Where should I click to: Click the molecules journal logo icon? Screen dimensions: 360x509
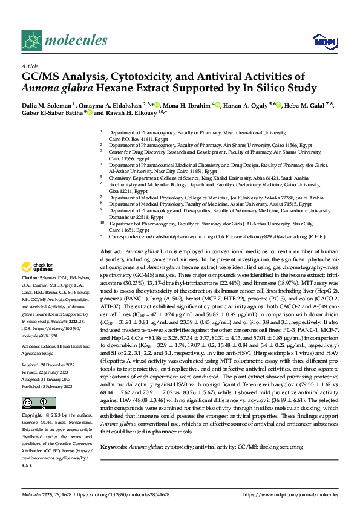32,40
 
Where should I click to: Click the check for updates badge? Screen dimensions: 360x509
38,267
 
